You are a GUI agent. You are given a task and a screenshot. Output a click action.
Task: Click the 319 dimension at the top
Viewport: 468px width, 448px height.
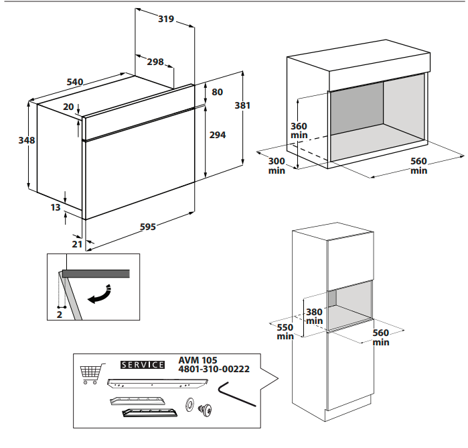coord(166,19)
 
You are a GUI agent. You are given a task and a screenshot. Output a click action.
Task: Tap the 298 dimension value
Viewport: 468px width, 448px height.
coord(155,62)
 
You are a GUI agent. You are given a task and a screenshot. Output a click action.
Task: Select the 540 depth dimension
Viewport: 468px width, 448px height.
coord(74,82)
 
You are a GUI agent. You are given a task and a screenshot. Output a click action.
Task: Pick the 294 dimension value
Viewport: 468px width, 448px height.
coord(218,135)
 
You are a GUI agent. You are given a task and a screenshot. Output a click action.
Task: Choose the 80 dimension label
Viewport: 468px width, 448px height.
coord(217,92)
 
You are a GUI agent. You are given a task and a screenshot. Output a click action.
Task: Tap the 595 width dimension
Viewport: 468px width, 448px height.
coord(147,227)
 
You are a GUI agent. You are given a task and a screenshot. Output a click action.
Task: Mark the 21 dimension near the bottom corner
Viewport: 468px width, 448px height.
coord(77,244)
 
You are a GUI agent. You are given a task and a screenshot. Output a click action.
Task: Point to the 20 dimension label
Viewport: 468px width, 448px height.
coord(68,107)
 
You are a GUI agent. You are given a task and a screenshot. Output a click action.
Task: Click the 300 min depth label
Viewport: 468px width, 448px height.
coord(277,166)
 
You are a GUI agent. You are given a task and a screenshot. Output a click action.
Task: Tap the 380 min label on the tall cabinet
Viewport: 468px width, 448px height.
coord(314,316)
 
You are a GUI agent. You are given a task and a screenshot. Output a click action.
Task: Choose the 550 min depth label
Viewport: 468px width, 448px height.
coord(285,331)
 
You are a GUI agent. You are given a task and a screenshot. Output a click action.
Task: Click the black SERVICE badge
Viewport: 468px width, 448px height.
coord(142,365)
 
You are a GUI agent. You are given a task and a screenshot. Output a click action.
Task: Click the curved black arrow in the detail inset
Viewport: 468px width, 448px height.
coord(100,295)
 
